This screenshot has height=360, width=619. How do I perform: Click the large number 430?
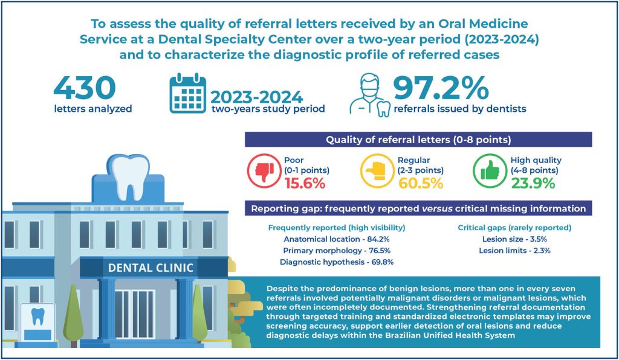click(x=85, y=88)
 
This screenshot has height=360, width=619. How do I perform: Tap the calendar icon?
click(x=187, y=93)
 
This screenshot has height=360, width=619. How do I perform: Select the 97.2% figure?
click(x=441, y=88)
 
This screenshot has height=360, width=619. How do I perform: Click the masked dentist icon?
click(x=370, y=95)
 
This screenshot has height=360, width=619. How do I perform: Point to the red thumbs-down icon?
click(x=264, y=171)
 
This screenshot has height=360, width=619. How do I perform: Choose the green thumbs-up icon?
click(x=490, y=171)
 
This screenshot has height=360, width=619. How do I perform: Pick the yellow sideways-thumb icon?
click(x=377, y=171)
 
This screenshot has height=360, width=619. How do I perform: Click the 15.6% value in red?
click(x=305, y=184)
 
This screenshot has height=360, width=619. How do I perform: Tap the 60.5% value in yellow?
click(x=421, y=184)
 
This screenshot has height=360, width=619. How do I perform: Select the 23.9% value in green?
click(x=533, y=184)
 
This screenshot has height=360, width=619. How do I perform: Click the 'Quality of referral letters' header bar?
click(x=418, y=140)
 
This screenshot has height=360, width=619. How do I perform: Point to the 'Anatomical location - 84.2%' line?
click(x=337, y=239)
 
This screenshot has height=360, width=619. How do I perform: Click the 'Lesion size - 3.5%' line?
click(x=514, y=239)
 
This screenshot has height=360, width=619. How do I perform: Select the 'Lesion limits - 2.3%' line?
click(x=514, y=251)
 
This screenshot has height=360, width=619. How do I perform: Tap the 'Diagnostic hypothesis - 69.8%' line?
click(x=337, y=262)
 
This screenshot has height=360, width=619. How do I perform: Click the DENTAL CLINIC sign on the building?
click(x=151, y=268)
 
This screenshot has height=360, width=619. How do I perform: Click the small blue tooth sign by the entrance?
click(x=38, y=316)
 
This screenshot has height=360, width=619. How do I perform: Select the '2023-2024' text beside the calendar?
click(x=256, y=97)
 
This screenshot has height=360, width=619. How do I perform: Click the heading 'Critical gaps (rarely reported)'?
click(x=514, y=228)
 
